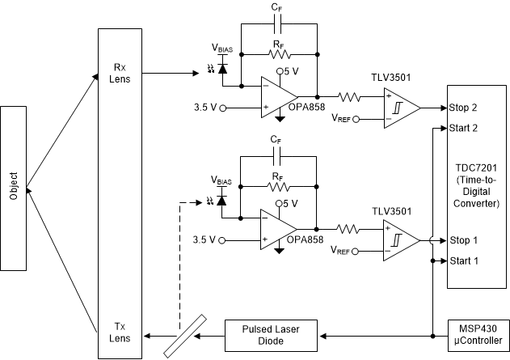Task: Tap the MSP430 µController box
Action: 478,331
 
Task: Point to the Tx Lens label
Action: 120,332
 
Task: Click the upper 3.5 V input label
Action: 205,107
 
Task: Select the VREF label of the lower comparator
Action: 344,250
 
